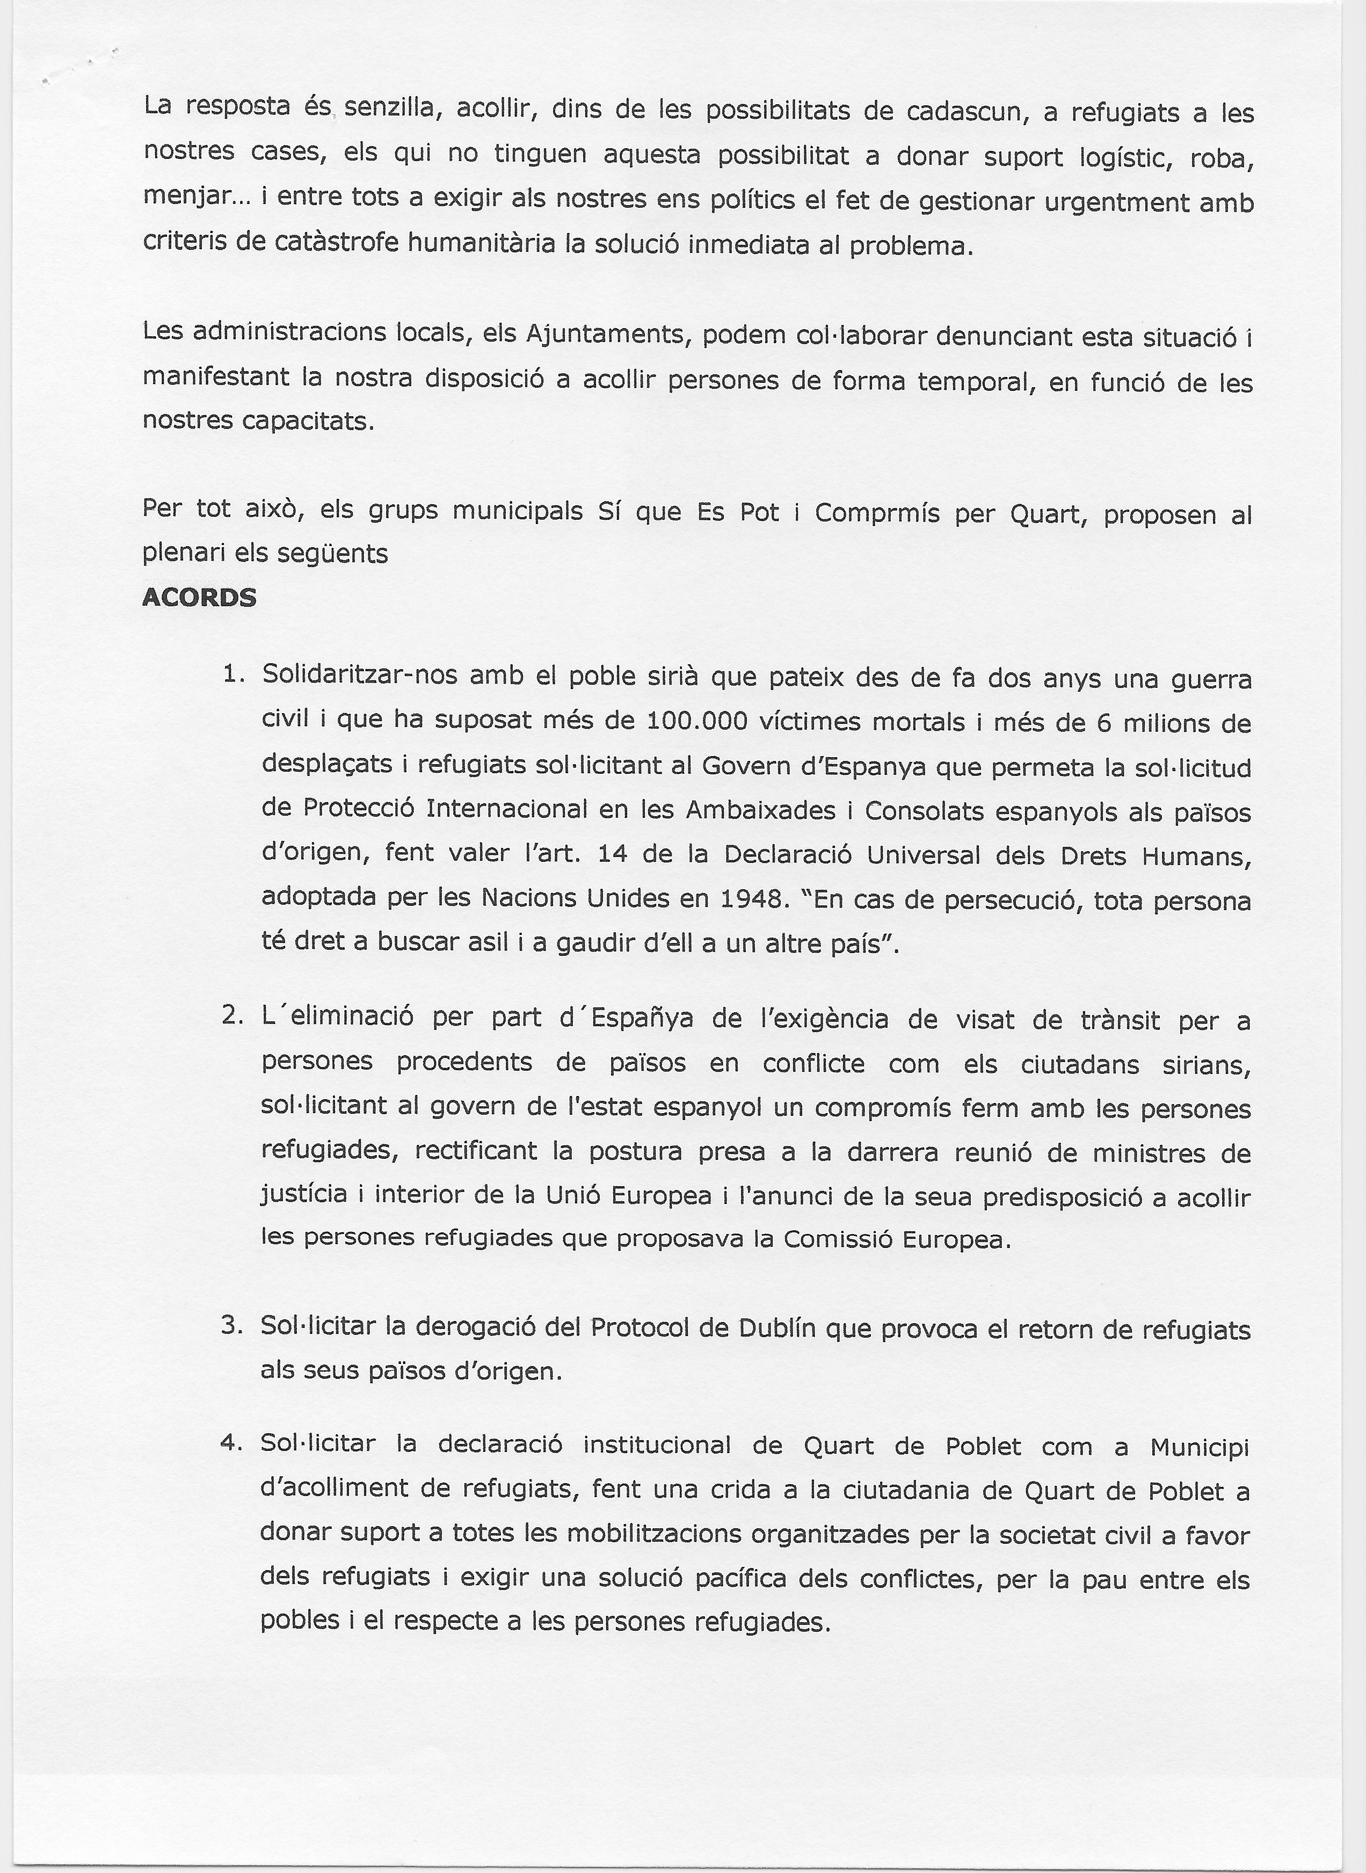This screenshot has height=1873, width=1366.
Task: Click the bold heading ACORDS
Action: point(199,597)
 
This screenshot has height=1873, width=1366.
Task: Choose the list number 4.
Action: point(231,1443)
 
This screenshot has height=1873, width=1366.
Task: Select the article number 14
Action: point(613,854)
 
